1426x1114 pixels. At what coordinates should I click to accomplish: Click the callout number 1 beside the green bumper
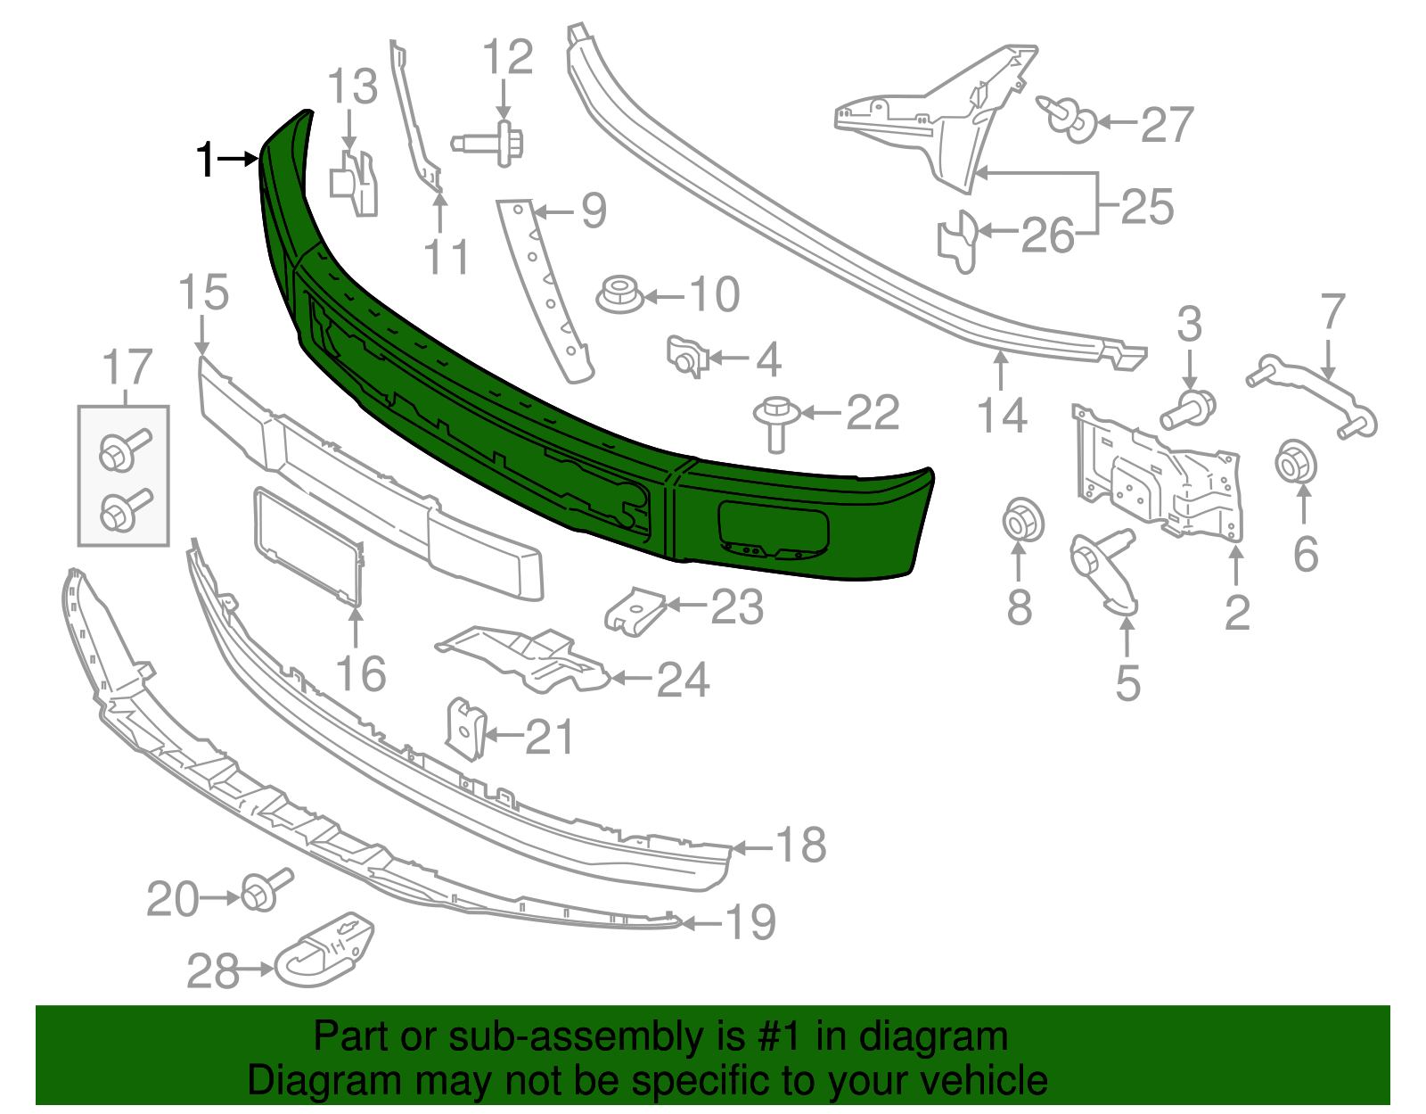[206, 161]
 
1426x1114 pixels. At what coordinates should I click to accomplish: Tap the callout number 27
[1167, 125]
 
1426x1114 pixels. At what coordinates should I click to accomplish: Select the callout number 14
[1003, 416]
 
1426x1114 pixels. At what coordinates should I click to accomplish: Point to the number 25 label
[1147, 207]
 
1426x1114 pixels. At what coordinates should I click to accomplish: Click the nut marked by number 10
[619, 294]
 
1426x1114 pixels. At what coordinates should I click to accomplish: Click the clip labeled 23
[636, 610]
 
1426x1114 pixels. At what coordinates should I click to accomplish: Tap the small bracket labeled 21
[465, 727]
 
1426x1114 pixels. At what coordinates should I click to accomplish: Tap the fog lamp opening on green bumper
[773, 529]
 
